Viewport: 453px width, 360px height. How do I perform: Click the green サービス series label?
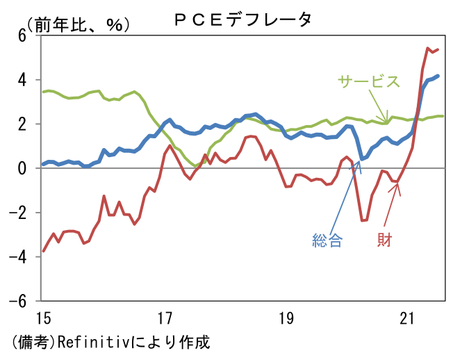coord(369,81)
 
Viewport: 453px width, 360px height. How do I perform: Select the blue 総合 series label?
coord(327,241)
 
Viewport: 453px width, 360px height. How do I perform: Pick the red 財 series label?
coord(384,241)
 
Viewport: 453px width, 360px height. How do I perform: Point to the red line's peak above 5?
coord(427,48)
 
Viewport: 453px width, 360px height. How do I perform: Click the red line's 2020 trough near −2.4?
coord(363,220)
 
